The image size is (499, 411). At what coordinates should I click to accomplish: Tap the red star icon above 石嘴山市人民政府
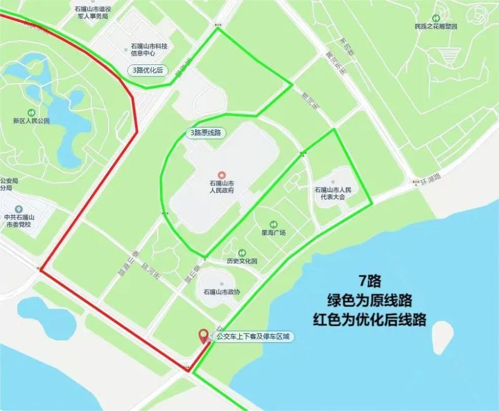pyautogui.click(x=221, y=174)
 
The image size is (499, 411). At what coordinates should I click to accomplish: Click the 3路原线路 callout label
pyautogui.click(x=205, y=133)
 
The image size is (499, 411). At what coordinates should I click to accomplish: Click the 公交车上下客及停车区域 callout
pyautogui.click(x=254, y=337)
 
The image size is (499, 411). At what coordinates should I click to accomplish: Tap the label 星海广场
pyautogui.click(x=273, y=233)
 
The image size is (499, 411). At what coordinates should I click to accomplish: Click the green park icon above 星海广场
pyautogui.click(x=273, y=224)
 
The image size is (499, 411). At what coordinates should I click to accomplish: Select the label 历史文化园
pyautogui.click(x=242, y=261)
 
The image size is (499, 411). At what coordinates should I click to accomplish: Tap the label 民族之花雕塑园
pyautogui.click(x=436, y=27)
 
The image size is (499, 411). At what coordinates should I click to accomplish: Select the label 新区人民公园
pyautogui.click(x=31, y=121)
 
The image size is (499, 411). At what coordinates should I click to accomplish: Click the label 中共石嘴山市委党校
pyautogui.click(x=19, y=221)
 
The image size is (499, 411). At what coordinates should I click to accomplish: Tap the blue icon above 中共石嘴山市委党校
pyautogui.click(x=19, y=209)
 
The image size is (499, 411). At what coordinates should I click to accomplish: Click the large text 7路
pyautogui.click(x=370, y=282)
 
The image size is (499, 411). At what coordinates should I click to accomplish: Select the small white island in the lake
pyautogui.click(x=442, y=336)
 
